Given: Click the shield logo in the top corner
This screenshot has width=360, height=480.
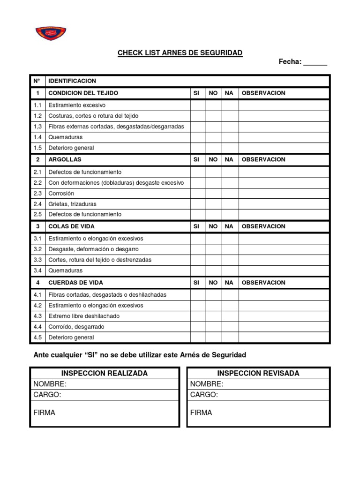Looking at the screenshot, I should click(x=51, y=33).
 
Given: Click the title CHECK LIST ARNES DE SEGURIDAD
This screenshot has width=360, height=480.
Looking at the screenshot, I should click(x=180, y=53).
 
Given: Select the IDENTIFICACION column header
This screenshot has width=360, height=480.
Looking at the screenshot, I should click(x=72, y=81).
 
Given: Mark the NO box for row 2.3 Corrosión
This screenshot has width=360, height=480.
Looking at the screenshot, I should click(x=213, y=193).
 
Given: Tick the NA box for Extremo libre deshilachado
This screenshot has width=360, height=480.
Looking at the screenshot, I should click(x=230, y=316).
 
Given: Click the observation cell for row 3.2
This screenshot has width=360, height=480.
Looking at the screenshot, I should click(x=285, y=249).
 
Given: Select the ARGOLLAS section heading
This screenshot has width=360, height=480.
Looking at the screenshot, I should click(x=65, y=159).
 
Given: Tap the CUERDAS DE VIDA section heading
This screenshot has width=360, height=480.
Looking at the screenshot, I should click(x=75, y=283).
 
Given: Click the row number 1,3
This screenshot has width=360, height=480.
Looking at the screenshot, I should click(x=37, y=127).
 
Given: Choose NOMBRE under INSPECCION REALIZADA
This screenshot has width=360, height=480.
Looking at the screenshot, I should click(x=50, y=384).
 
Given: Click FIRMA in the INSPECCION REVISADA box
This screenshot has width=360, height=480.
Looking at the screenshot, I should click(x=201, y=412).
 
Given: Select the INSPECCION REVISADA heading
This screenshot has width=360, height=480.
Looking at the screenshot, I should click(x=258, y=374).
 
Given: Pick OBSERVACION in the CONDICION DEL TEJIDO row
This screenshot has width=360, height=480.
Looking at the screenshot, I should click(x=263, y=93).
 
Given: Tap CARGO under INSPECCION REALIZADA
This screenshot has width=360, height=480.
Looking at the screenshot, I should click(x=47, y=395).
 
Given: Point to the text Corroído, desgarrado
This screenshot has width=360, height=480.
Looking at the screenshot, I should click(x=76, y=327).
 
